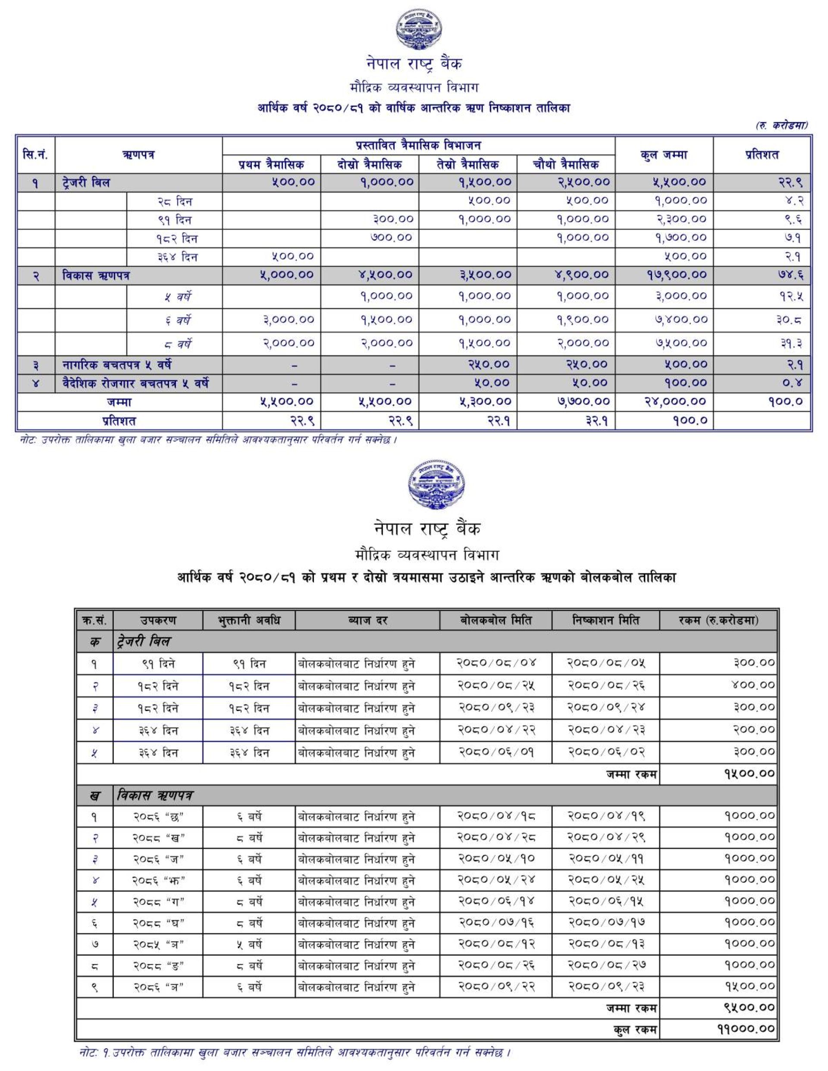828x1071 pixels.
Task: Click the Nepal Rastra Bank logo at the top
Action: [418, 31]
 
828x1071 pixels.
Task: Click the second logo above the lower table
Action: [436, 484]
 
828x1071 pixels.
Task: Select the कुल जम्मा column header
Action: [663, 155]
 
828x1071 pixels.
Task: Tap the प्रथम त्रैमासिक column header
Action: [271, 164]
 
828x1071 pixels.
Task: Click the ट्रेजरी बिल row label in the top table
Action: [86, 183]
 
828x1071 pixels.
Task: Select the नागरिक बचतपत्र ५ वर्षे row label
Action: [117, 365]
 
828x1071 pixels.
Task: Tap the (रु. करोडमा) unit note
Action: [781, 126]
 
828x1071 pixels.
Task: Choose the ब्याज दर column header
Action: [367, 620]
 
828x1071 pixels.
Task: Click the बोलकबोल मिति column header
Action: [496, 620]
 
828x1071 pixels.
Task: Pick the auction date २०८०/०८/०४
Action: [496, 663]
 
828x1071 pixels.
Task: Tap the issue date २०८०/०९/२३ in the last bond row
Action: [606, 986]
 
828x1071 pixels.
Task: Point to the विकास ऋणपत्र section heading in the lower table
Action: [154, 795]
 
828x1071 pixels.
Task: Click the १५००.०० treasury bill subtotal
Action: [749, 774]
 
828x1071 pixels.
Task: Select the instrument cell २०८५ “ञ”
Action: [158, 944]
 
